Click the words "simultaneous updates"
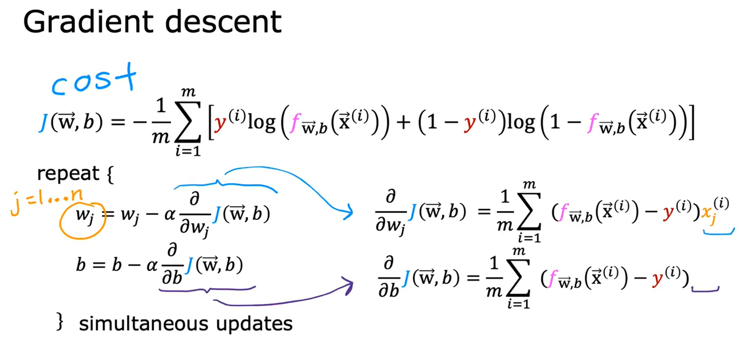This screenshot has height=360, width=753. tap(185, 323)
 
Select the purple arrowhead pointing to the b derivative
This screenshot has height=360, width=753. tap(348, 286)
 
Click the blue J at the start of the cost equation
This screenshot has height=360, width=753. tap(43, 124)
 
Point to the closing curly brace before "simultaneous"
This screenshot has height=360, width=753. tap(60, 323)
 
